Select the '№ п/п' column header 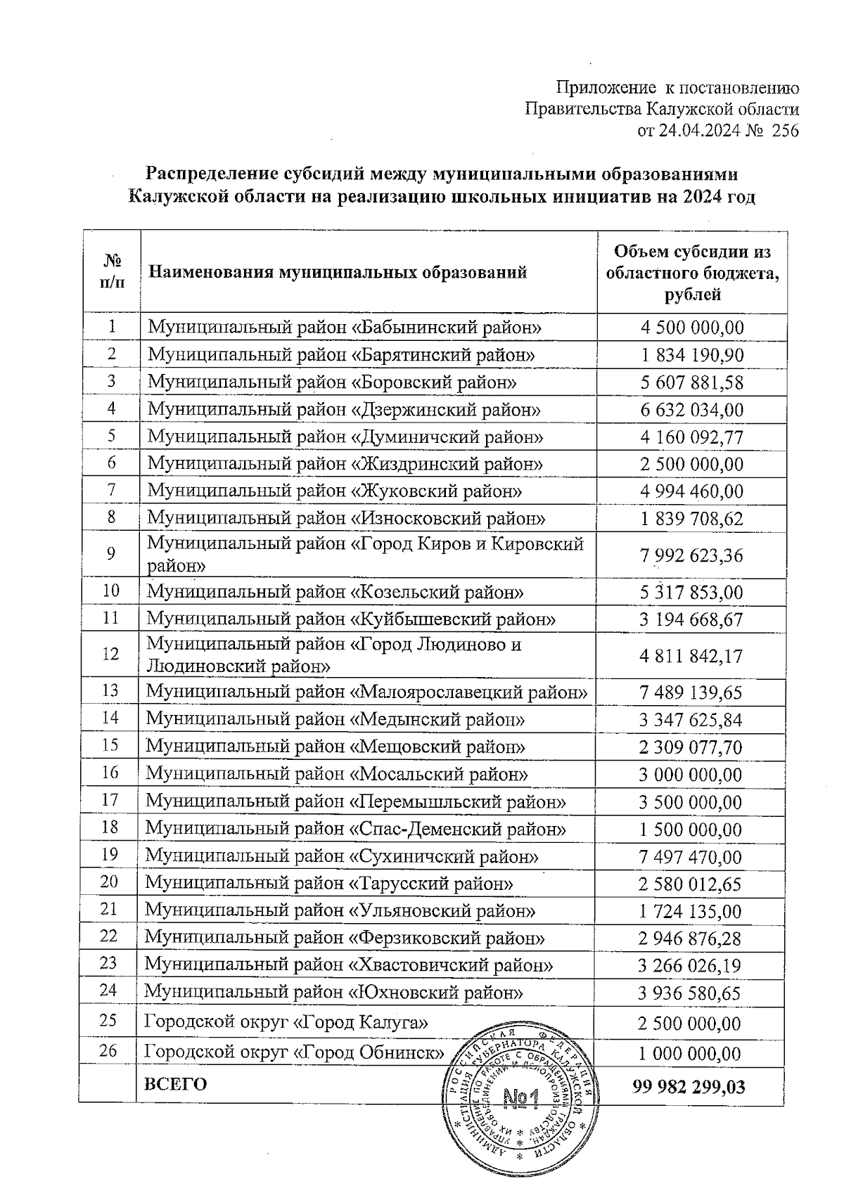click(113, 271)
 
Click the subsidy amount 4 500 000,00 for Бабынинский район click(692, 328)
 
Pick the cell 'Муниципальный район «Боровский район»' click(332, 382)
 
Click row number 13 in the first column click(110, 690)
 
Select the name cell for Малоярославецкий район click(366, 692)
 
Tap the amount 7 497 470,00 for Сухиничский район click(691, 857)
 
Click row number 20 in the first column click(109, 882)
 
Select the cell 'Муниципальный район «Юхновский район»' click(333, 992)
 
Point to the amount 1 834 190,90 click(692, 355)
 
